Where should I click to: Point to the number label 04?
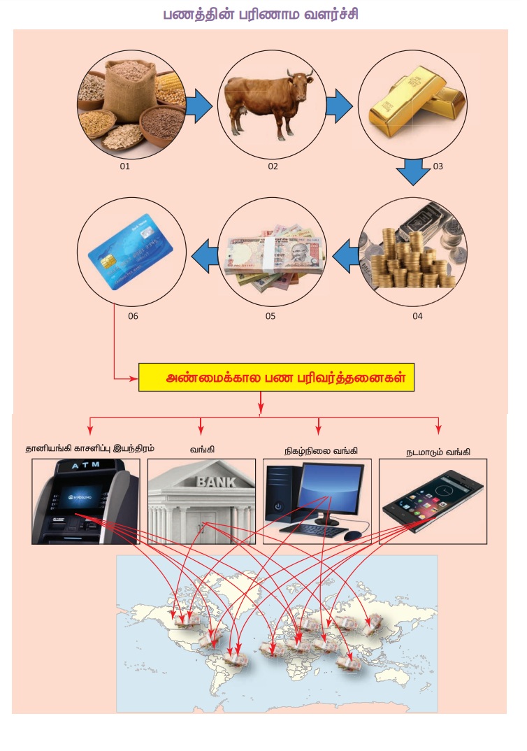417,316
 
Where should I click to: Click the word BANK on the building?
216,481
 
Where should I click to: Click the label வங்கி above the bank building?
201,450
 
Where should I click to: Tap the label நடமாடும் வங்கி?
438,452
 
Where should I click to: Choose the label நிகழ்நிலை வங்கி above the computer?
320,450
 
